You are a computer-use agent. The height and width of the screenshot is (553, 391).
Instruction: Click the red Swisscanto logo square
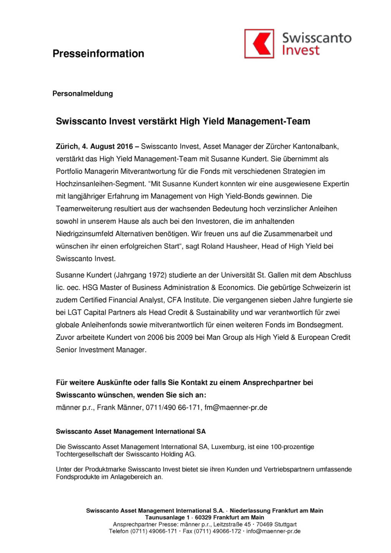[x=259, y=44]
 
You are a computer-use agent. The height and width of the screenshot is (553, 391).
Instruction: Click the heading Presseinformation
[x=98, y=54]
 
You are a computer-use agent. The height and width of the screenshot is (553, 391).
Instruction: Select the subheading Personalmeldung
[x=82, y=94]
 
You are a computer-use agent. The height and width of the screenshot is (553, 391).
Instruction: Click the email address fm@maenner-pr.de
[x=236, y=407]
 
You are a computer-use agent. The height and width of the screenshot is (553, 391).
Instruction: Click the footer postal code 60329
[x=203, y=518]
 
